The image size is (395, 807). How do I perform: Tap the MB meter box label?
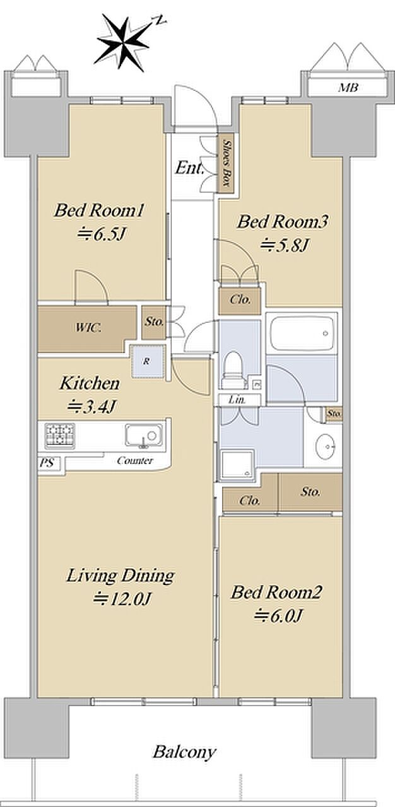(348, 88)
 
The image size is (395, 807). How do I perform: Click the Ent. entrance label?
(189, 168)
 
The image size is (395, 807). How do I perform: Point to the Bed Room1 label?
(99, 211)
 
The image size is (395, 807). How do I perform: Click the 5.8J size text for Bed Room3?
(285, 246)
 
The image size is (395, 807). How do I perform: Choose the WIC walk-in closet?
(87, 328)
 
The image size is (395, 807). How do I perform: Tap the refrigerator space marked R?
(148, 361)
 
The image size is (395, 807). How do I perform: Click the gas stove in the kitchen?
(60, 436)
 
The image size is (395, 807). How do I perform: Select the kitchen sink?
(143, 435)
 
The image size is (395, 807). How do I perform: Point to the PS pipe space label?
(46, 463)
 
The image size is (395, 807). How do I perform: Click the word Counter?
(135, 460)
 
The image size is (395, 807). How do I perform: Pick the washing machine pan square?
(237, 465)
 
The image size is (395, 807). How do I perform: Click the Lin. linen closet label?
(237, 400)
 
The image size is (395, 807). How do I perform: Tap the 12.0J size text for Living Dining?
(121, 599)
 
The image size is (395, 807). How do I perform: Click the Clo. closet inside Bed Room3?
(240, 299)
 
